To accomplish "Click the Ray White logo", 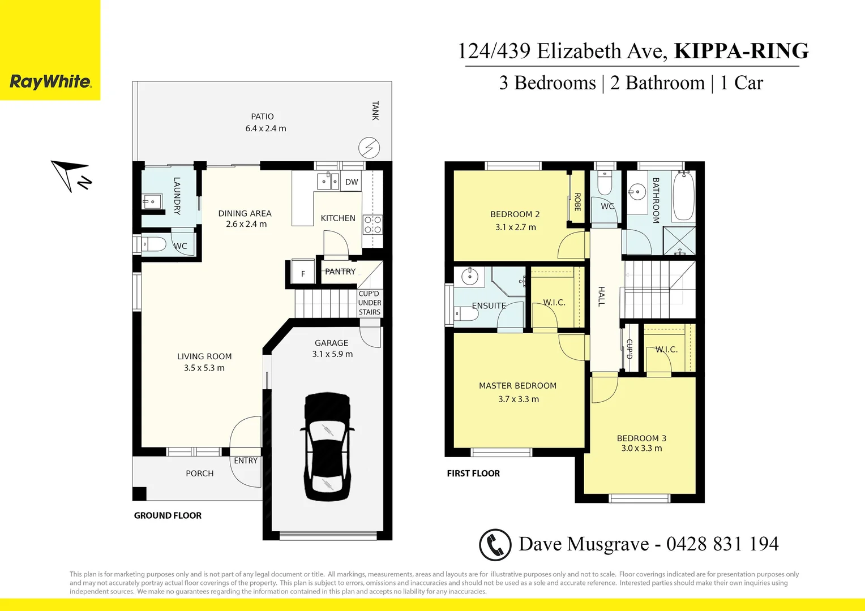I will point(50,81).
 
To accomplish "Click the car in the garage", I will point(327,446).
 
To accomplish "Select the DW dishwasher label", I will point(352,182).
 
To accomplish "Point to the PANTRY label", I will point(340,272).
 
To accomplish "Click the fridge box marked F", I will point(303,274).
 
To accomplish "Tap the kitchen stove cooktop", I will point(372,225).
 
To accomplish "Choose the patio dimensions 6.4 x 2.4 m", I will point(266,128).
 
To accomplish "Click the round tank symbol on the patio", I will point(369,148).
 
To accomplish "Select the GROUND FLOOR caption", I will point(168,515).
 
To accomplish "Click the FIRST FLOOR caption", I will point(473,474).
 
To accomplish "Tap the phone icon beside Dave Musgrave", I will point(495,545).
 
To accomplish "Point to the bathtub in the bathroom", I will point(683,196).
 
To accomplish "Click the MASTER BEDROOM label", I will point(517,386).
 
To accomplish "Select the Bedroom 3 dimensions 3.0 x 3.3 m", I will point(641,448).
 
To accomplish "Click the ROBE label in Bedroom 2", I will point(577,202).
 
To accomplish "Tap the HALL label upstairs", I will point(601,296).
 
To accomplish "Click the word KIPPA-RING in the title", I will point(741,51).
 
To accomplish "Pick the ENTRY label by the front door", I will point(246,461).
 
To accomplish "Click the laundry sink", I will point(151,201).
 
